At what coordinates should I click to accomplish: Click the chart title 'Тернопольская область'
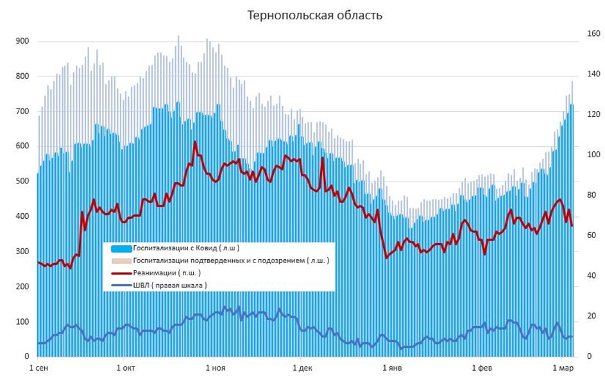point(315,15)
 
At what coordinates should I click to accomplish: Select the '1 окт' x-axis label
point(126,368)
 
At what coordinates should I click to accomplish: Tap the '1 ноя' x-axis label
point(216,368)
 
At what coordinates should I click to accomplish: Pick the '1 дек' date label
point(302,368)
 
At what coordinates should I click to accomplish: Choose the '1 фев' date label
point(482,368)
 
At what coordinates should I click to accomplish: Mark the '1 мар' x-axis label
point(563,368)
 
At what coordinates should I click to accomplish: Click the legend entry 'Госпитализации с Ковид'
point(186,248)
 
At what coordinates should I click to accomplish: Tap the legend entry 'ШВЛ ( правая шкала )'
point(169,285)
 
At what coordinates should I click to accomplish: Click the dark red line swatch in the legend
point(121,273)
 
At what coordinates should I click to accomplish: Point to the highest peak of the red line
point(195,142)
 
